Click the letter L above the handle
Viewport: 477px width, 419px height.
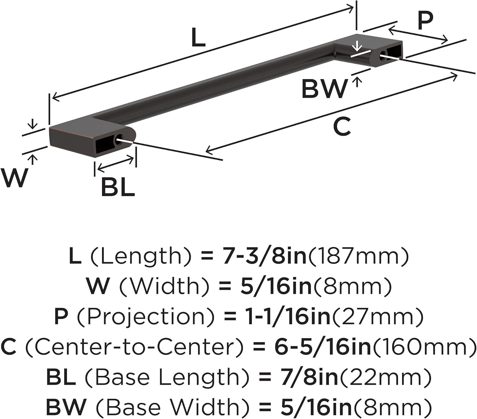198,38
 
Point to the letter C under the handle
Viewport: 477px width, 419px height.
342,126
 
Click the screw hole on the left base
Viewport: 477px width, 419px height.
120,139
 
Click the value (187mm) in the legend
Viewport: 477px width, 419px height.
357,256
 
